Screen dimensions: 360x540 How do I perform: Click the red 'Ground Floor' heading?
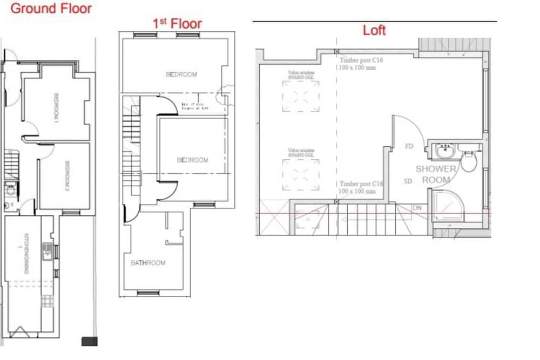pos(51,9)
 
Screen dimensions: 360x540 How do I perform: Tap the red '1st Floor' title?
pos(178,23)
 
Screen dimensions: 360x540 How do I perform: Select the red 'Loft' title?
pos(374,30)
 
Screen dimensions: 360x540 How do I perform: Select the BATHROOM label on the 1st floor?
pos(148,263)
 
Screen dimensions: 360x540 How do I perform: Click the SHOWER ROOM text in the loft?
pos(436,174)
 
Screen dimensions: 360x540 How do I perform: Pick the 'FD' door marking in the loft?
pos(409,146)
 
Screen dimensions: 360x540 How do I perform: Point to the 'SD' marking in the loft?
pos(408,181)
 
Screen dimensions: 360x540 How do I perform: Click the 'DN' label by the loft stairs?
pos(417,208)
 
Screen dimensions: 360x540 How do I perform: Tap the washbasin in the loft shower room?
pos(446,151)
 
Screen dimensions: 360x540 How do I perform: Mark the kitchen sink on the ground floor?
pos(48,252)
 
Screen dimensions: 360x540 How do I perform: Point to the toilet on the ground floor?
pos(9,189)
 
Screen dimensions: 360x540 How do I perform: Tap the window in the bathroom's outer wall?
pos(148,293)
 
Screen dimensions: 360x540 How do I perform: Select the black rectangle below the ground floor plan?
pos(89,341)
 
